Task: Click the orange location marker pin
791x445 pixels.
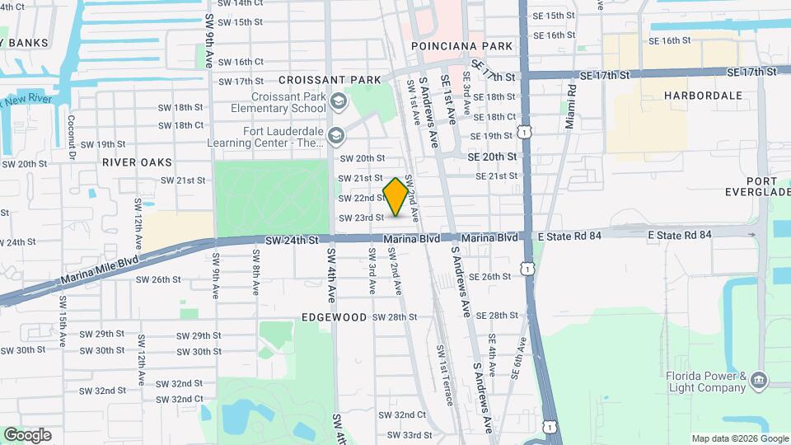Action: (x=395, y=197)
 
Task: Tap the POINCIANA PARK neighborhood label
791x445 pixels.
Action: (x=461, y=46)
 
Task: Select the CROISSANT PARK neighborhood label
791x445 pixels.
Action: (x=330, y=80)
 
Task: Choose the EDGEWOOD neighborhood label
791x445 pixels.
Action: (x=334, y=316)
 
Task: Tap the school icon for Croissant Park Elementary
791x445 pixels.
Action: (x=338, y=102)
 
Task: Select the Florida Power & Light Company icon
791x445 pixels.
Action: (x=758, y=382)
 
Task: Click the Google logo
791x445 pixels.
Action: (x=27, y=435)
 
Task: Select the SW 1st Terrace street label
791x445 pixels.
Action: (x=444, y=375)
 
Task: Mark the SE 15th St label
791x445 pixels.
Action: (x=554, y=16)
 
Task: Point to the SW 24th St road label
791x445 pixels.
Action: (x=292, y=240)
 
